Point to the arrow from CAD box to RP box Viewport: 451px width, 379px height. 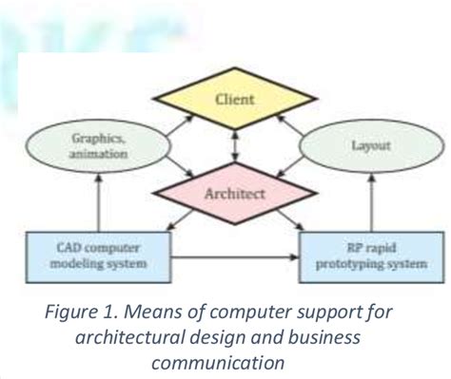(233, 256)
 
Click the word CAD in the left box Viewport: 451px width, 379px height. (59, 245)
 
